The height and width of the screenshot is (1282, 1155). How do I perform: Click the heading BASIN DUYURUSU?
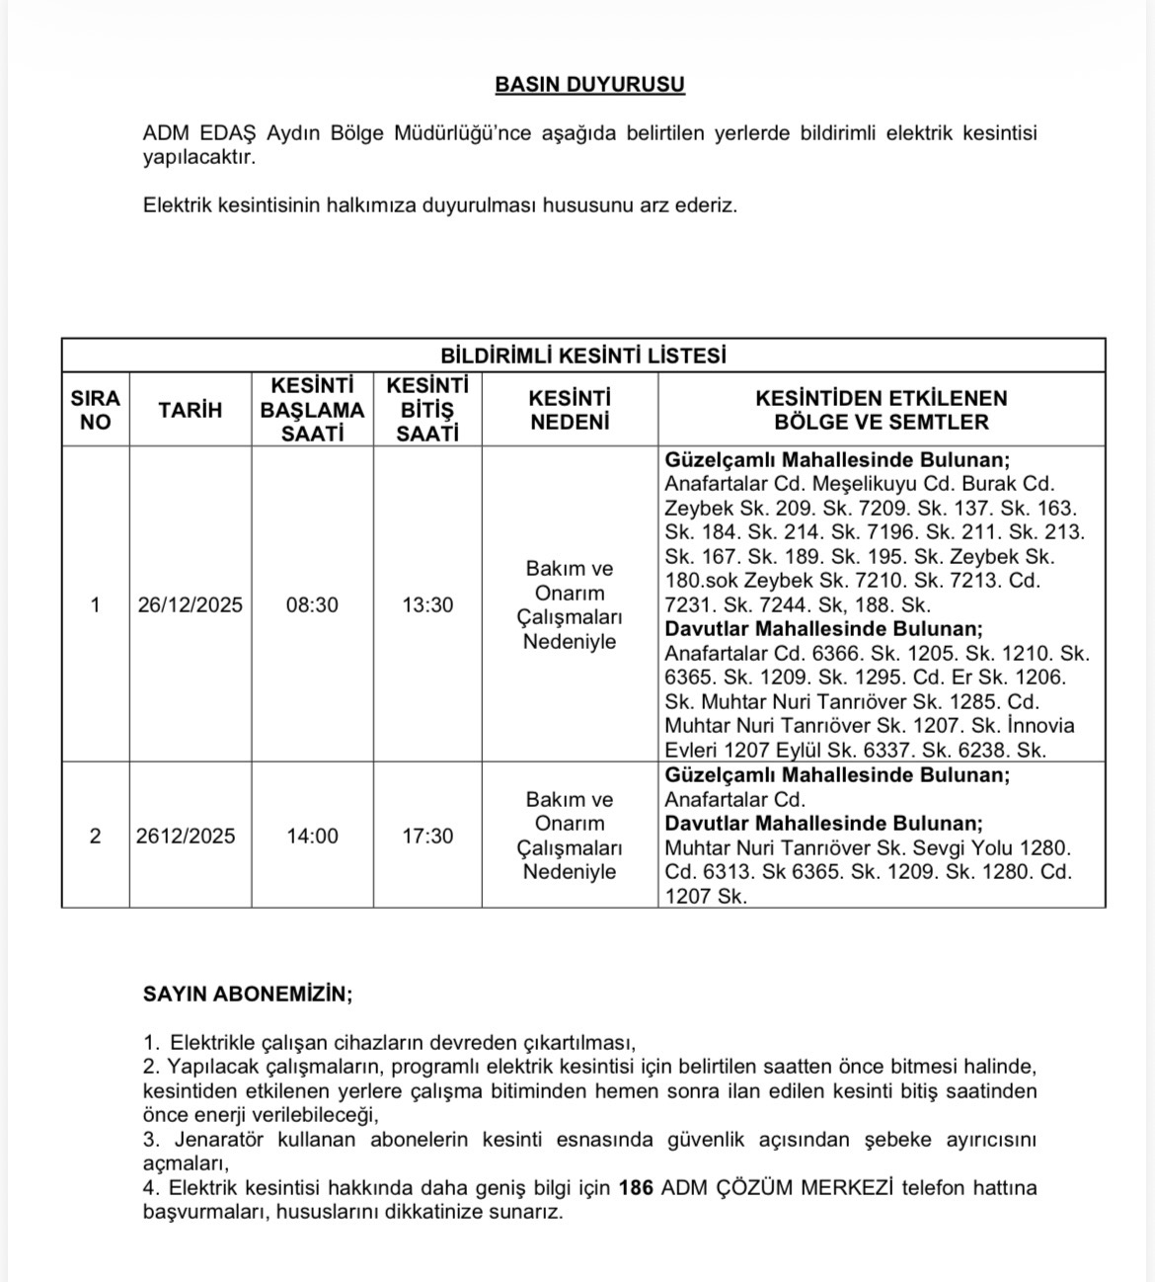coord(589,85)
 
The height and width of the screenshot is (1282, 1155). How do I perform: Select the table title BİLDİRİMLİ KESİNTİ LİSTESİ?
coord(582,356)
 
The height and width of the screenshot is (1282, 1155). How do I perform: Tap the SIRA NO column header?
coord(95,410)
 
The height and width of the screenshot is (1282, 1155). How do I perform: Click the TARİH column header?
coord(191,410)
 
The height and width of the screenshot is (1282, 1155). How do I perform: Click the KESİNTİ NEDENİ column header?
coord(570,410)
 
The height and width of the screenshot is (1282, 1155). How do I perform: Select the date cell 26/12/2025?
coord(191,605)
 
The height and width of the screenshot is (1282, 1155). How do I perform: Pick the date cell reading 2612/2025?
coord(186,836)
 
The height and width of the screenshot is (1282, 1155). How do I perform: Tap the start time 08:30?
coord(312,605)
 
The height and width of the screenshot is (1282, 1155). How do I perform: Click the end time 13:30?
coord(427,605)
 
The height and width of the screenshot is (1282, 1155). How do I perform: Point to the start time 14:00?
coord(312,836)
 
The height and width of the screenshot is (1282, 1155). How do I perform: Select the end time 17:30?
coord(427,836)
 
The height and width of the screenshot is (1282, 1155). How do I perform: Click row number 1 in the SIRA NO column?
coord(95,605)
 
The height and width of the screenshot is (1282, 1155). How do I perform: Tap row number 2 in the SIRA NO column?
coord(95,836)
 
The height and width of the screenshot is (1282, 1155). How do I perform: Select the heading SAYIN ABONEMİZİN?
coord(248,994)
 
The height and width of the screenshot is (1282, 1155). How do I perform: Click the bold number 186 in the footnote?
coord(636,1188)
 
